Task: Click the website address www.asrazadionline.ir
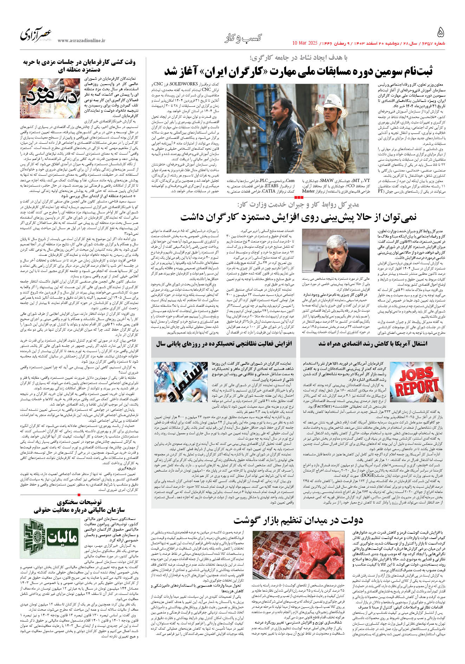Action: (81, 41)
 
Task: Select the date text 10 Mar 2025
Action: (305, 43)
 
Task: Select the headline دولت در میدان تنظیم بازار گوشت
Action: (298, 520)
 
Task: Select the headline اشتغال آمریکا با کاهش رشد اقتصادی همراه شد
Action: (373, 344)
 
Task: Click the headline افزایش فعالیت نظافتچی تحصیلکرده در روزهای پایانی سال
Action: (224, 344)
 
